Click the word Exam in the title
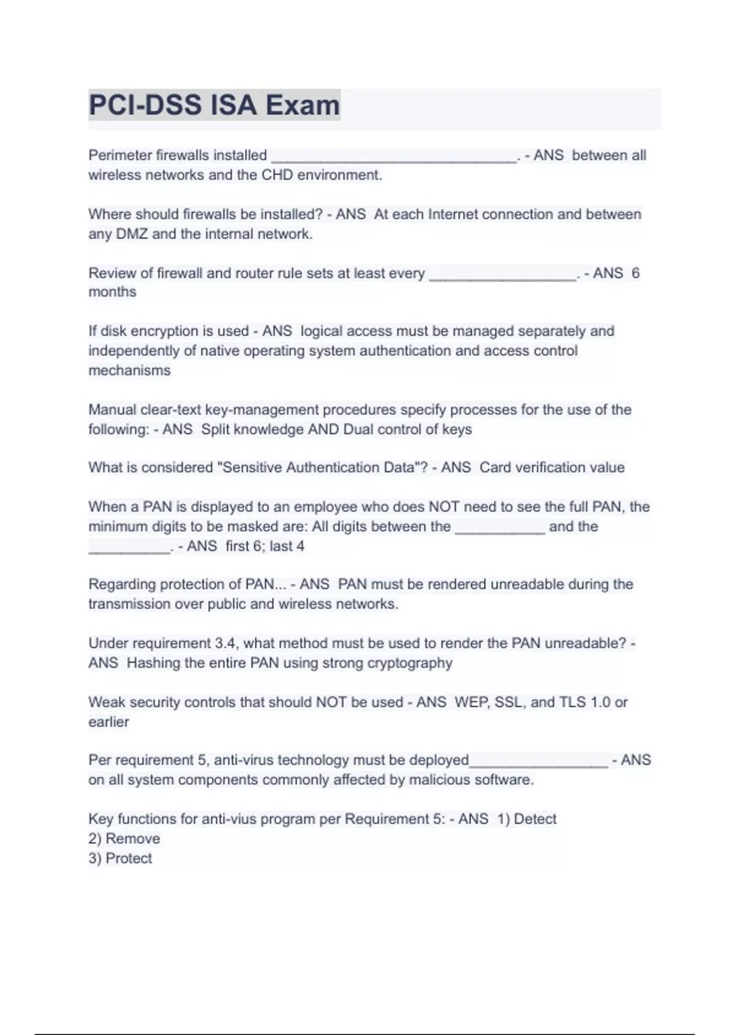(x=302, y=105)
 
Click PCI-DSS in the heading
(x=145, y=105)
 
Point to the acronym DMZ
(x=131, y=234)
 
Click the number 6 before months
(x=635, y=273)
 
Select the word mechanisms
(x=130, y=370)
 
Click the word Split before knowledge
(x=215, y=429)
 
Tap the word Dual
(x=358, y=429)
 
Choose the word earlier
(x=109, y=722)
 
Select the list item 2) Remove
(x=124, y=839)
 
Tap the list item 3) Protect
(x=120, y=858)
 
